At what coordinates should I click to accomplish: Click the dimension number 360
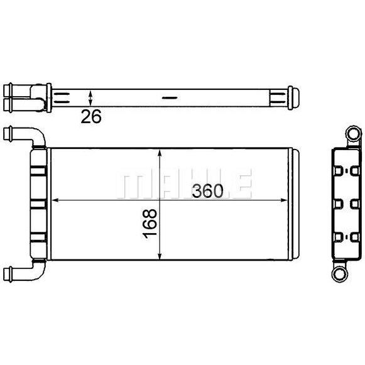coord(207,191)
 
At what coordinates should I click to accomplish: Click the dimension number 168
coord(150,224)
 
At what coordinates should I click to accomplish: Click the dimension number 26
coord(91,116)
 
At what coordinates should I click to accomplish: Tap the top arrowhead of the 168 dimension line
coord(160,153)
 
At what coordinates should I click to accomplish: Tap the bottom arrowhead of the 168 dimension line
coord(160,255)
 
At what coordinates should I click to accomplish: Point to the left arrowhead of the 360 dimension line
coord(55,200)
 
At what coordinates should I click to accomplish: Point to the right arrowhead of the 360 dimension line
coord(284,200)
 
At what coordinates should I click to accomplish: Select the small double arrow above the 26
coord(90,98)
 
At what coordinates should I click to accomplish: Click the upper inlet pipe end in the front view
coord(8,134)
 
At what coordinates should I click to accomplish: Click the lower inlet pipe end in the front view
coord(8,275)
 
